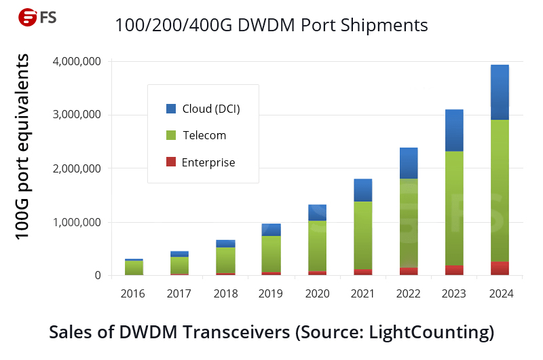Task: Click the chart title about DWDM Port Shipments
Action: click(x=271, y=26)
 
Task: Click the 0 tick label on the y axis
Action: click(x=96, y=276)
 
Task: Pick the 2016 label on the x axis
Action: click(x=134, y=294)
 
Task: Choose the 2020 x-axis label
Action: click(x=318, y=294)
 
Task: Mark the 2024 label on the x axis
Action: click(x=500, y=294)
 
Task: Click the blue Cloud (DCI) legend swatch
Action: click(x=171, y=109)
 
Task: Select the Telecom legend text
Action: click(x=204, y=135)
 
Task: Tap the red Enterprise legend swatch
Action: click(x=171, y=162)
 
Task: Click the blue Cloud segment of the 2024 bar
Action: click(x=500, y=92)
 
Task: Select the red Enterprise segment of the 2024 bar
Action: click(x=500, y=268)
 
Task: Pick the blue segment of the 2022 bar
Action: click(x=409, y=163)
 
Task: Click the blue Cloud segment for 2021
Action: click(x=362, y=190)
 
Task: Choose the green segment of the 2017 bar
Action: click(x=179, y=265)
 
